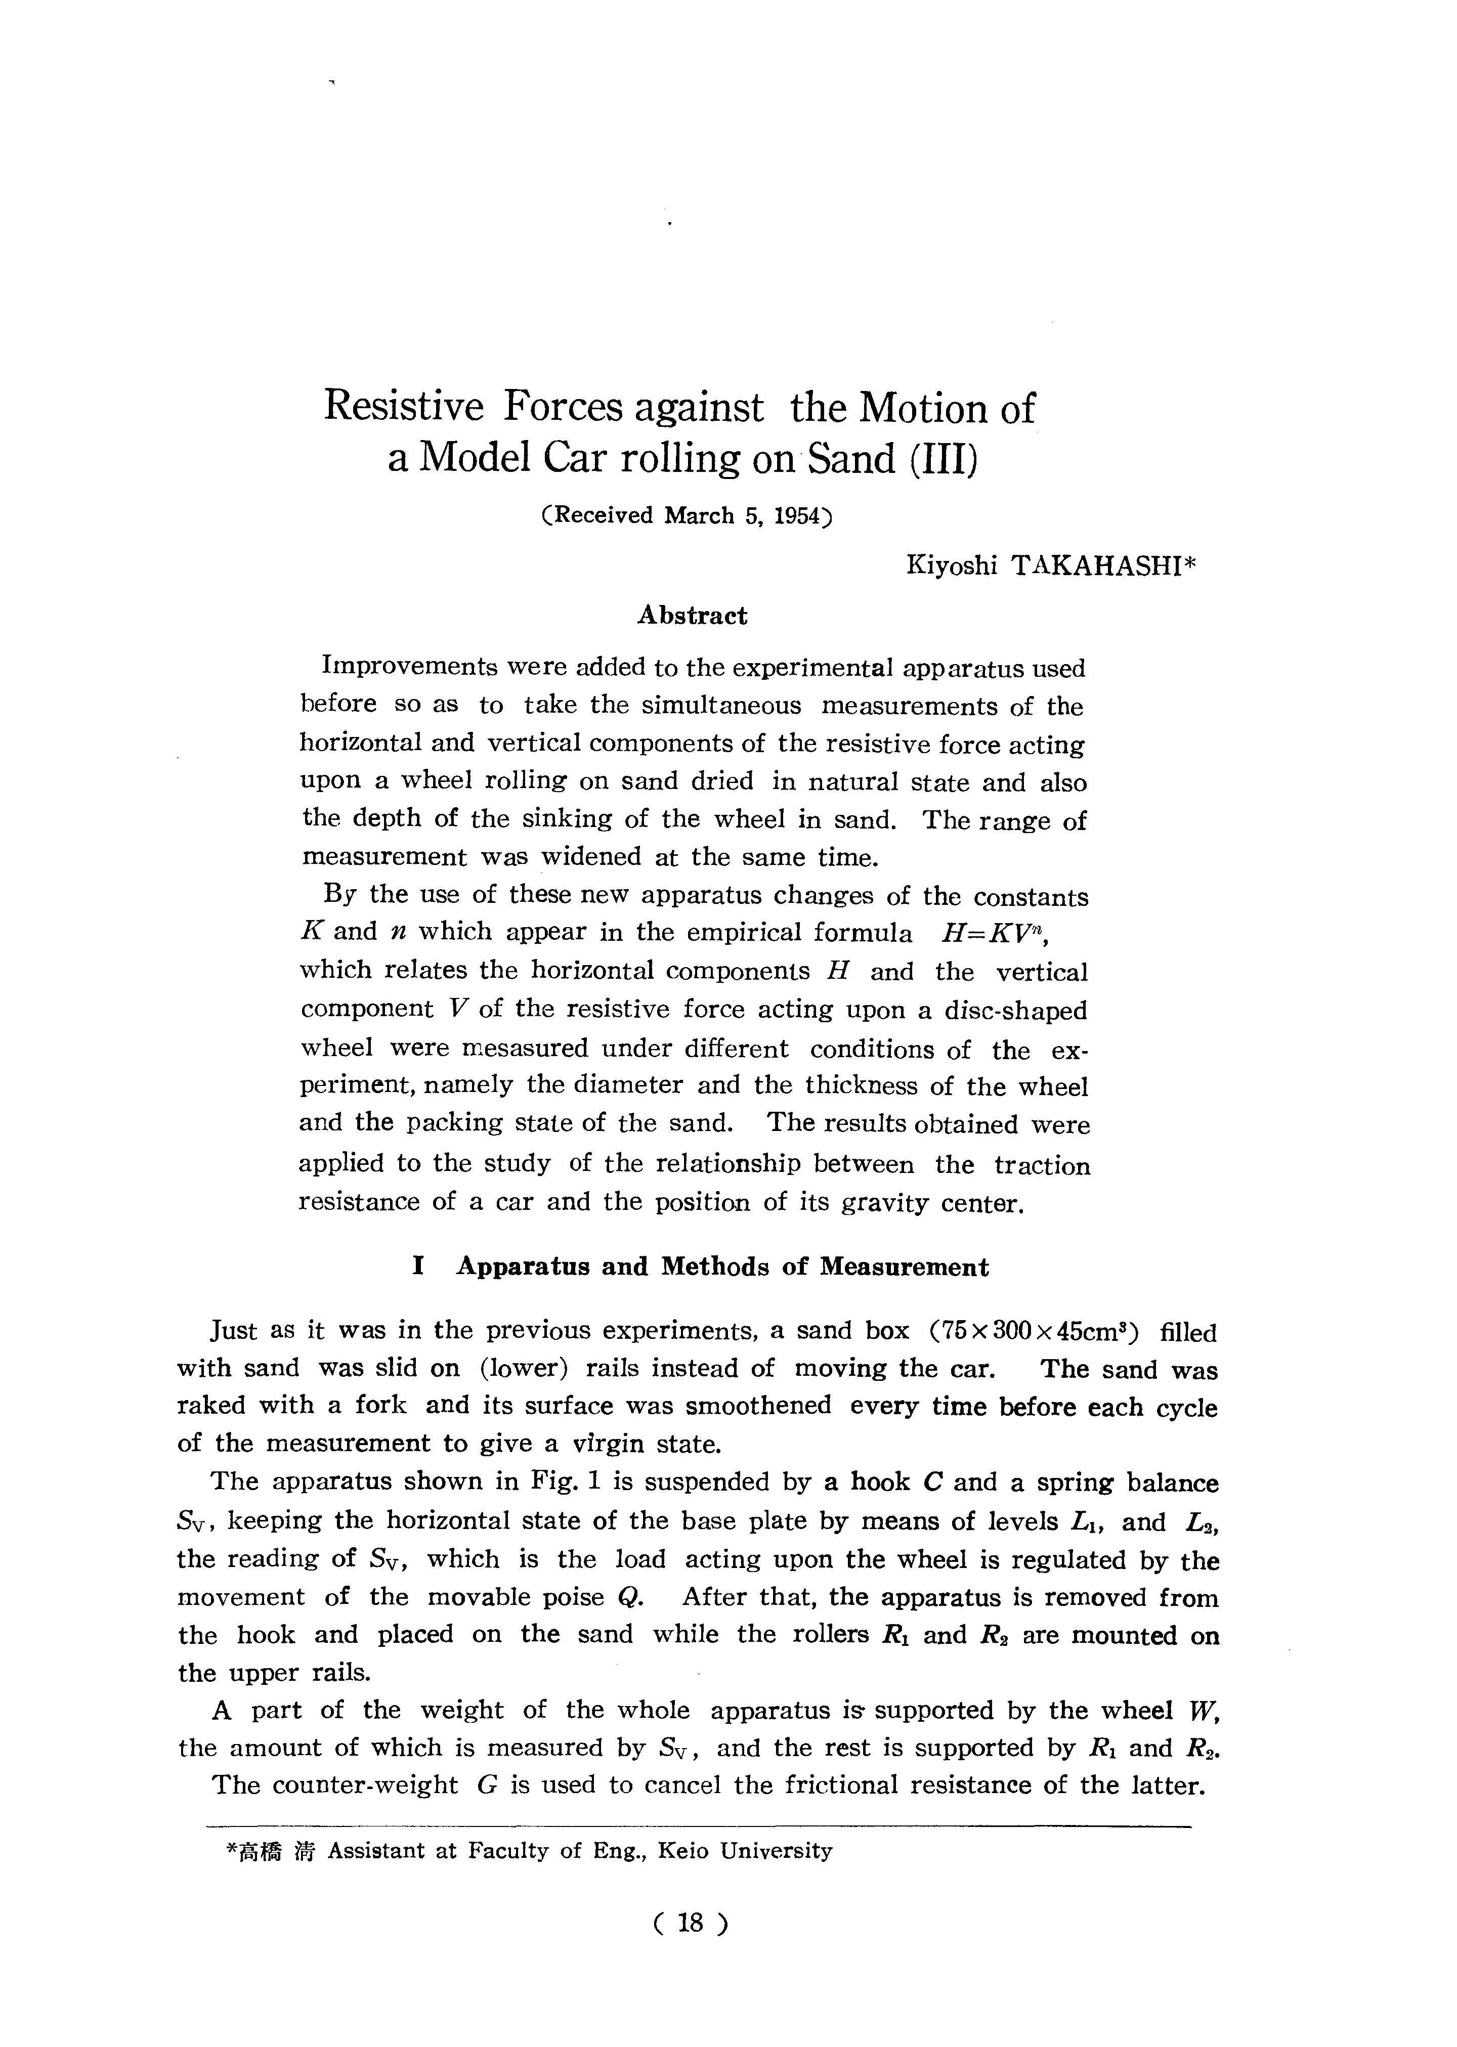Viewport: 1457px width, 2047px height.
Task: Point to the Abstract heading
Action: [x=692, y=616]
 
